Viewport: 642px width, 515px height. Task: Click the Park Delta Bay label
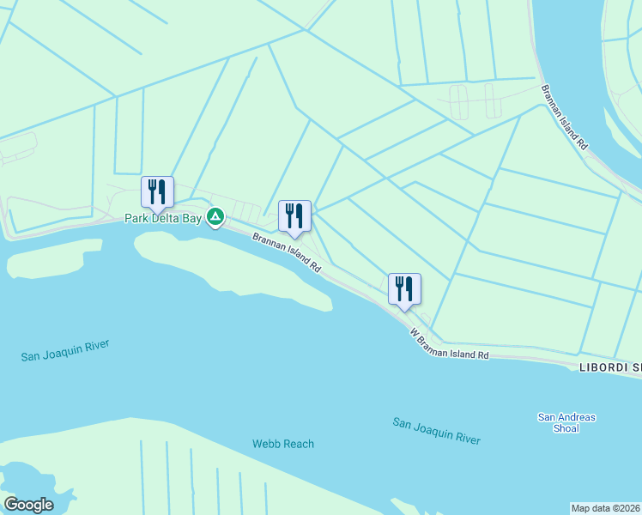pyautogui.click(x=162, y=219)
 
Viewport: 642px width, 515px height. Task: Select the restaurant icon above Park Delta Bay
pyautogui.click(x=157, y=192)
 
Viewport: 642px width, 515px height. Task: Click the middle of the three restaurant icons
pyautogui.click(x=294, y=216)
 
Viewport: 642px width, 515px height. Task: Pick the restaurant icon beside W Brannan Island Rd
pyautogui.click(x=404, y=289)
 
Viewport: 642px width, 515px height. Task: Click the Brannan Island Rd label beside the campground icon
pyautogui.click(x=286, y=252)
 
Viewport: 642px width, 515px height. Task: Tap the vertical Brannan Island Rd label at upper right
pyautogui.click(x=564, y=118)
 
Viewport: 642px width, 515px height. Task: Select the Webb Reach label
pyautogui.click(x=283, y=444)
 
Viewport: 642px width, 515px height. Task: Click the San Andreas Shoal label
pyautogui.click(x=566, y=423)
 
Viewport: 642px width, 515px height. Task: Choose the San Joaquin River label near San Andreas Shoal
pyautogui.click(x=436, y=431)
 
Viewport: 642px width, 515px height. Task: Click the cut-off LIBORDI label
pyautogui.click(x=609, y=367)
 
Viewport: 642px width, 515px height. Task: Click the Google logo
pyautogui.click(x=28, y=505)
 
